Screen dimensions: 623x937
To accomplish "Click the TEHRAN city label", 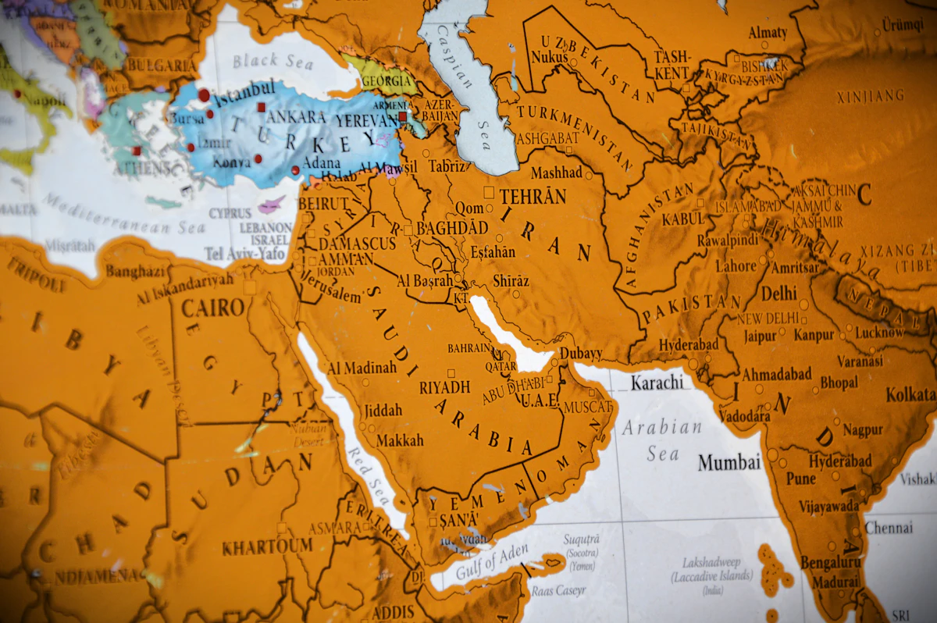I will [533, 196].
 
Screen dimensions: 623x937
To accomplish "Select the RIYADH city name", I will [445, 387].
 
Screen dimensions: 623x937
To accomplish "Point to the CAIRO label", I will [213, 308].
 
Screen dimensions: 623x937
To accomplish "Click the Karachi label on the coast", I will [657, 383].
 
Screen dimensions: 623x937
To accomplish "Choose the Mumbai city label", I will [729, 462].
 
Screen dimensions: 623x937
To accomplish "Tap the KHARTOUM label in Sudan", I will [267, 546].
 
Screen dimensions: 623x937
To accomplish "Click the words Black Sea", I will [272, 60].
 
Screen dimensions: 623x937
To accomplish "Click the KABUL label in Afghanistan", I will [683, 219].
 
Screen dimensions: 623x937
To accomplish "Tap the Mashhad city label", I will [557, 173].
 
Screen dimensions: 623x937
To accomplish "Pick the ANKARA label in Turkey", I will [296, 117].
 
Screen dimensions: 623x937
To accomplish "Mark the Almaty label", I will [768, 33].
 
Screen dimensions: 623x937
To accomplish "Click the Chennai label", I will [889, 528].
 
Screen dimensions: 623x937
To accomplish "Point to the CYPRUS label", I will [230, 213].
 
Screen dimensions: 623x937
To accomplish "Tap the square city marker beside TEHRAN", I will [489, 191].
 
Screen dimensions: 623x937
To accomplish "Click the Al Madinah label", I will [362, 368].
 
